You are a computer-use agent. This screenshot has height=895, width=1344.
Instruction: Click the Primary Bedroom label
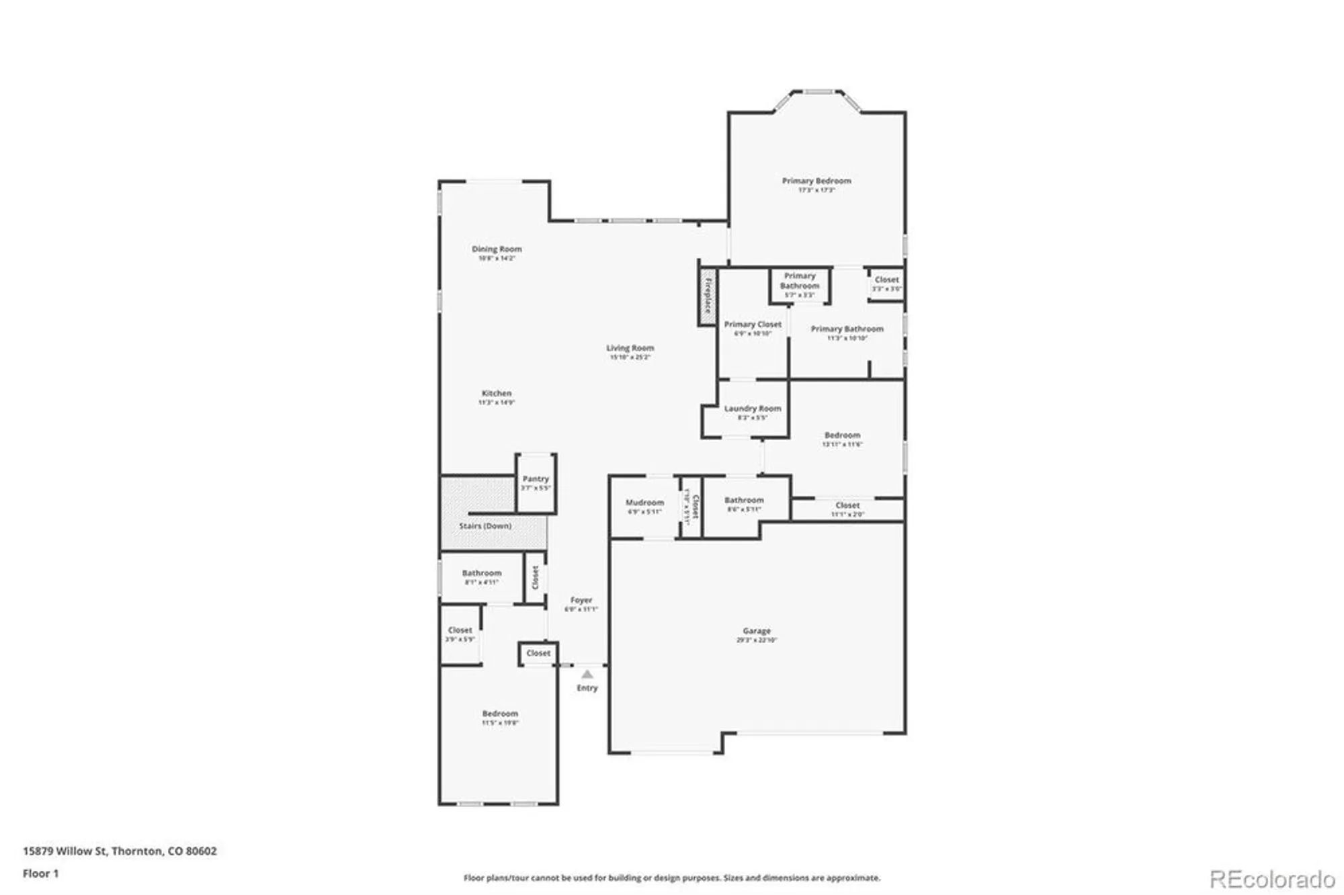click(x=816, y=181)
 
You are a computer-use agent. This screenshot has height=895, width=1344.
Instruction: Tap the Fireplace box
click(x=708, y=297)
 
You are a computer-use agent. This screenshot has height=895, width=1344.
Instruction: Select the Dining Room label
click(x=496, y=249)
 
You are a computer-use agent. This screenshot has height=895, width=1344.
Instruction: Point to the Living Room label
click(x=630, y=348)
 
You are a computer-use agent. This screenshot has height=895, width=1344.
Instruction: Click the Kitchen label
click(x=496, y=394)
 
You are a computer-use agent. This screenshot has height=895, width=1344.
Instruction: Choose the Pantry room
click(x=536, y=482)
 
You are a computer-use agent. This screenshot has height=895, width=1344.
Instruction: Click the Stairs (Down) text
click(x=485, y=526)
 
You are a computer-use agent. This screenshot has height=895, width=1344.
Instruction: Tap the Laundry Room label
click(x=752, y=409)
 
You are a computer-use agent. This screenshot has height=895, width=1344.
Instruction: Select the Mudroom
click(x=644, y=507)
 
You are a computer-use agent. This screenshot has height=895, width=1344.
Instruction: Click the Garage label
click(x=756, y=631)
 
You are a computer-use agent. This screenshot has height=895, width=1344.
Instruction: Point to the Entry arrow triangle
click(x=587, y=674)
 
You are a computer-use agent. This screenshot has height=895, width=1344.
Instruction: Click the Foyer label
click(x=581, y=600)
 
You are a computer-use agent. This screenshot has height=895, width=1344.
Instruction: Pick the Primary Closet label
click(x=752, y=325)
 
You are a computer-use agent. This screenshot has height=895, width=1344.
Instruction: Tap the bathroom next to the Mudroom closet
click(x=743, y=505)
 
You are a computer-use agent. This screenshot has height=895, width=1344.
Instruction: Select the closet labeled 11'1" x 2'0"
click(x=847, y=509)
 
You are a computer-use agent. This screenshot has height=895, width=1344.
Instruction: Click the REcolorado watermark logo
click(x=1271, y=879)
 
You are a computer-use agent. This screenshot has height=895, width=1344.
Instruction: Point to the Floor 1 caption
click(x=40, y=873)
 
